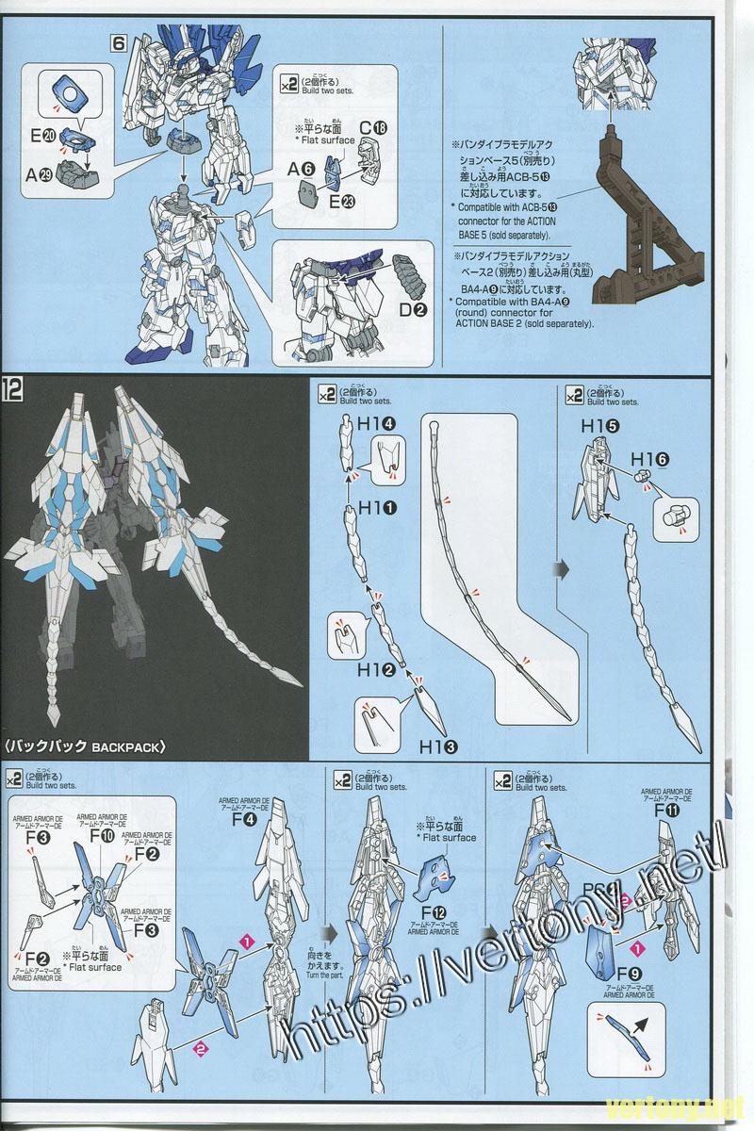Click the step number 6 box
(x=118, y=43)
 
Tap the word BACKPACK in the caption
(x=129, y=747)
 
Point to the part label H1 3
(x=439, y=747)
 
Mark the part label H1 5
(x=600, y=426)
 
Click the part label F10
(x=103, y=836)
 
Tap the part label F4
(x=244, y=819)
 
